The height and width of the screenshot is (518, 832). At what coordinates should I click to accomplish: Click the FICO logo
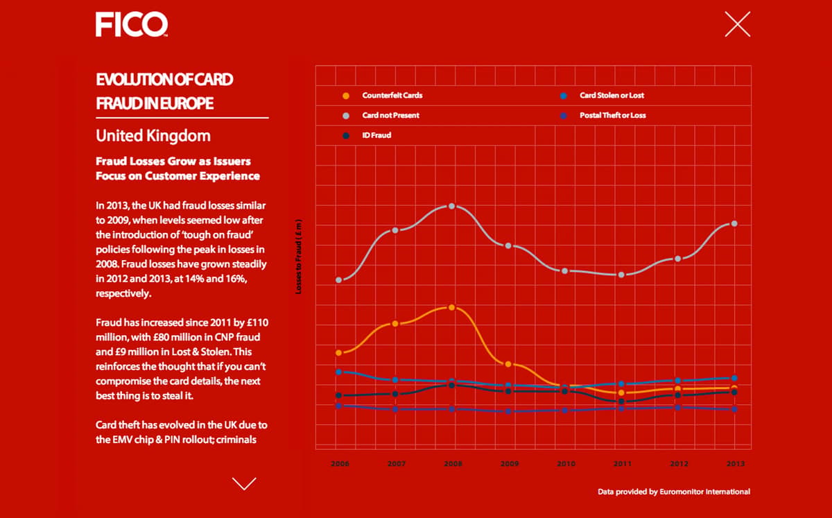click(132, 24)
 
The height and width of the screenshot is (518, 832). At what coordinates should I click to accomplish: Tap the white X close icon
click(737, 24)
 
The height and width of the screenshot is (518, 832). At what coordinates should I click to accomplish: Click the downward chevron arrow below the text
click(244, 484)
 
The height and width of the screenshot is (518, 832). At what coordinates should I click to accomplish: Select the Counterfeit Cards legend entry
click(382, 96)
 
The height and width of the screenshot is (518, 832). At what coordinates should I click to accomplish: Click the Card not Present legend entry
click(381, 116)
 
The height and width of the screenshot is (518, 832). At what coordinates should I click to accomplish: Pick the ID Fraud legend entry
click(367, 135)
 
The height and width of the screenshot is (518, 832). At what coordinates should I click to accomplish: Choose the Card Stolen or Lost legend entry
click(602, 96)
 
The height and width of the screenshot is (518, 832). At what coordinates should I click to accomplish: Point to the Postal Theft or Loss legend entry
click(603, 116)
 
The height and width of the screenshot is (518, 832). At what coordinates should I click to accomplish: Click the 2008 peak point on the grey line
click(451, 206)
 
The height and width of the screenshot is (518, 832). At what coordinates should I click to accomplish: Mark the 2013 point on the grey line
click(734, 224)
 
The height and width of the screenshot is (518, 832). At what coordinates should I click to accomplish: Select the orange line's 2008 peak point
click(451, 307)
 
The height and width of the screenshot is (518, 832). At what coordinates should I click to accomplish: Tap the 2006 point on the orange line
click(339, 353)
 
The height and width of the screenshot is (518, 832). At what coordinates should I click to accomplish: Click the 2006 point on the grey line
click(339, 280)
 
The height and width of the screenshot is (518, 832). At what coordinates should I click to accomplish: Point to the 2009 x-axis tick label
click(510, 463)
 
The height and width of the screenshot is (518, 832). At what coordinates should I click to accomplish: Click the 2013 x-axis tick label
click(736, 463)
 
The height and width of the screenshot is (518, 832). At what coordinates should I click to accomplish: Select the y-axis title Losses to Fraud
click(298, 257)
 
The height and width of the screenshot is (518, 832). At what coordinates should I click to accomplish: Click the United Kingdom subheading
click(153, 136)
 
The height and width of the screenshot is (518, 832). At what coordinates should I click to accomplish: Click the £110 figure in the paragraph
click(257, 322)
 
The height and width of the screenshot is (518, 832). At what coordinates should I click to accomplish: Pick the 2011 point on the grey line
click(621, 275)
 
